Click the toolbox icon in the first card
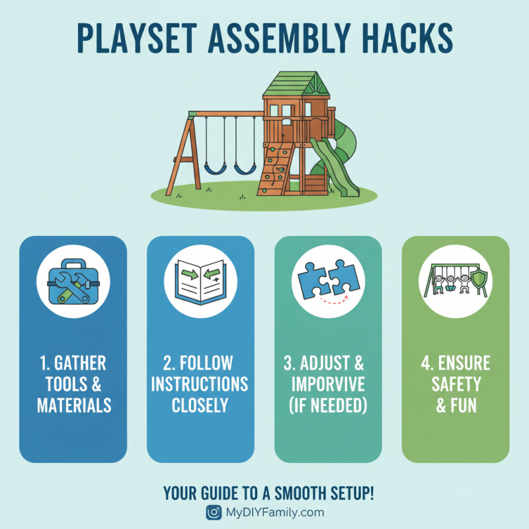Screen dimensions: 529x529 coord(73,284)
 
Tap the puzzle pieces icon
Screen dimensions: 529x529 coord(328,278)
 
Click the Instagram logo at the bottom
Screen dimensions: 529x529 coord(214,512)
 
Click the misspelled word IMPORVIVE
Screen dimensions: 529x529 coord(328,384)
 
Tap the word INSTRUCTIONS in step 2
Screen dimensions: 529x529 coord(200,384)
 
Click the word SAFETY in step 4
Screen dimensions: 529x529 coord(456,384)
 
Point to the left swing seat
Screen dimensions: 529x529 coord(214,169)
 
